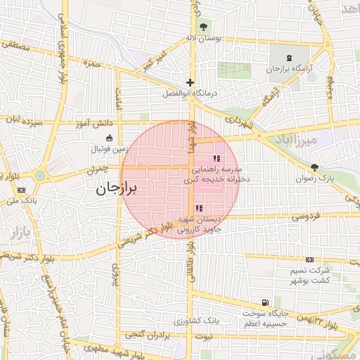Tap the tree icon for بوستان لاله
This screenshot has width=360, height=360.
pos(204,27)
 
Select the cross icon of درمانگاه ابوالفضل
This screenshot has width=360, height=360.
pos(190,82)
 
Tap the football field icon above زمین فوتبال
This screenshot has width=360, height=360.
pos(108,138)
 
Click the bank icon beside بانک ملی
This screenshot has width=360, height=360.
pos(20,189)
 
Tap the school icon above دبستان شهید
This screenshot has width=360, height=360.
pos(199,208)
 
